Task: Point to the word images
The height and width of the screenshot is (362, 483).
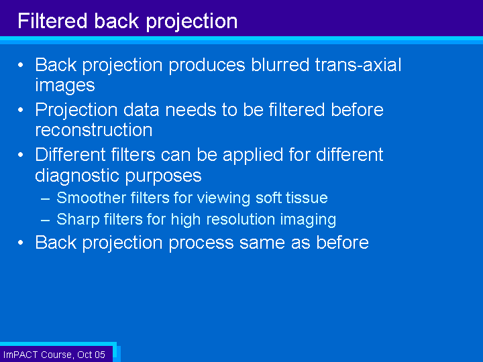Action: click(64, 85)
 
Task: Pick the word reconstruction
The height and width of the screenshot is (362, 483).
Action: click(93, 129)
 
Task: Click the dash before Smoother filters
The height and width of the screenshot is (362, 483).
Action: click(45, 198)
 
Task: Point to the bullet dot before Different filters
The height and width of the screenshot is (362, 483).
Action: click(22, 155)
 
